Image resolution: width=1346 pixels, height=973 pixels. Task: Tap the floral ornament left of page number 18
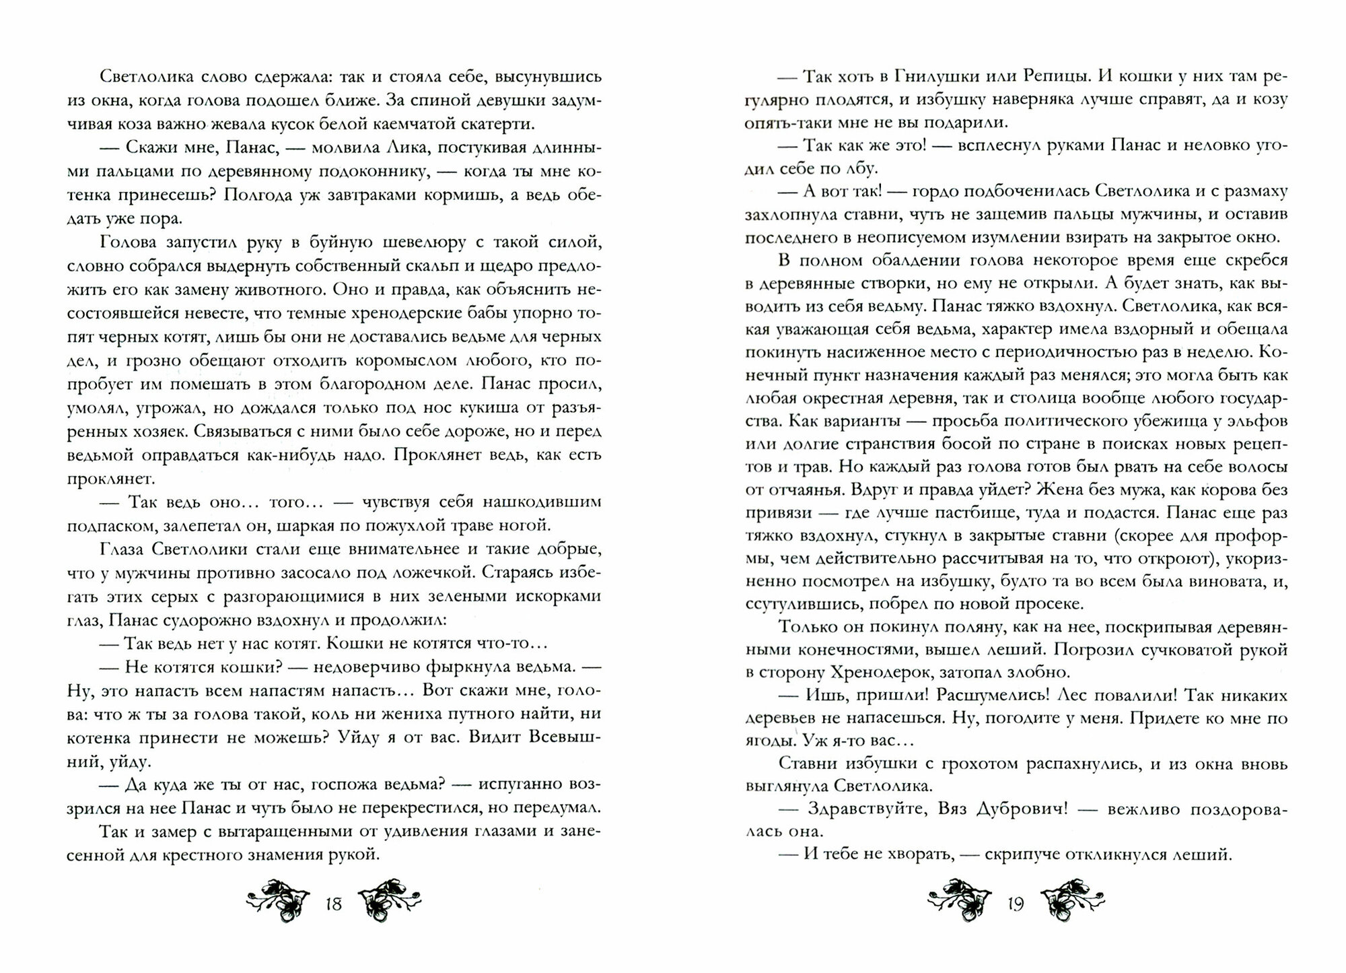pos(277,898)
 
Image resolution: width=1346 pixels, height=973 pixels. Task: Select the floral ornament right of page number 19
pos(1071,898)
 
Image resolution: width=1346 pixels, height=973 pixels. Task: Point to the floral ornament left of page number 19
pos(958,898)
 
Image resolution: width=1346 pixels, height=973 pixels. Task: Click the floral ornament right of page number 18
pos(390,898)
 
